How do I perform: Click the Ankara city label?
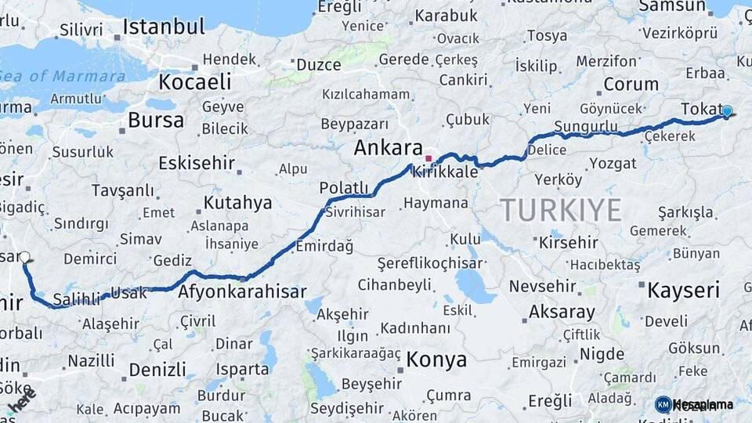pos(388,147)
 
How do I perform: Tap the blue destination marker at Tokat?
pos(727,112)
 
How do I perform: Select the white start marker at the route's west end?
pos(25,257)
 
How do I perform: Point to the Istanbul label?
pos(164,27)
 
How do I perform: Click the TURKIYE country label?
pos(561,210)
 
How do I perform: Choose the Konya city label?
pos(436,360)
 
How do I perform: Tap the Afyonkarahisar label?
pos(242,291)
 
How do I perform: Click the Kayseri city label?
pos(683,291)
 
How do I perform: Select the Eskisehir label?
pos(196,163)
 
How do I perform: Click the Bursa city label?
pos(156,120)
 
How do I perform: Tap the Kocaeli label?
pos(195,81)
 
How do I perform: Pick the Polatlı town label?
pos(343,187)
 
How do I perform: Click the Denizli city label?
pos(157,369)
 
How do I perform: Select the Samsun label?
pos(671,6)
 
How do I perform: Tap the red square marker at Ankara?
pos(428,157)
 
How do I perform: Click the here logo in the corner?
pos(22,400)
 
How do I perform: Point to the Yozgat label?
pos(613,163)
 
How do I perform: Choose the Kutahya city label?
pos(238,203)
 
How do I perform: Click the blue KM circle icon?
pos(663,404)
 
